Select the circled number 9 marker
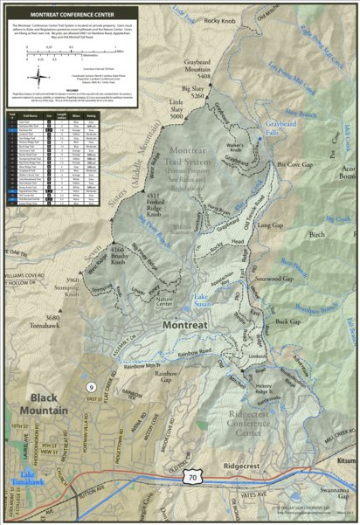(x=90, y=386)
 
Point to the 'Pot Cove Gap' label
(x=294, y=163)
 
